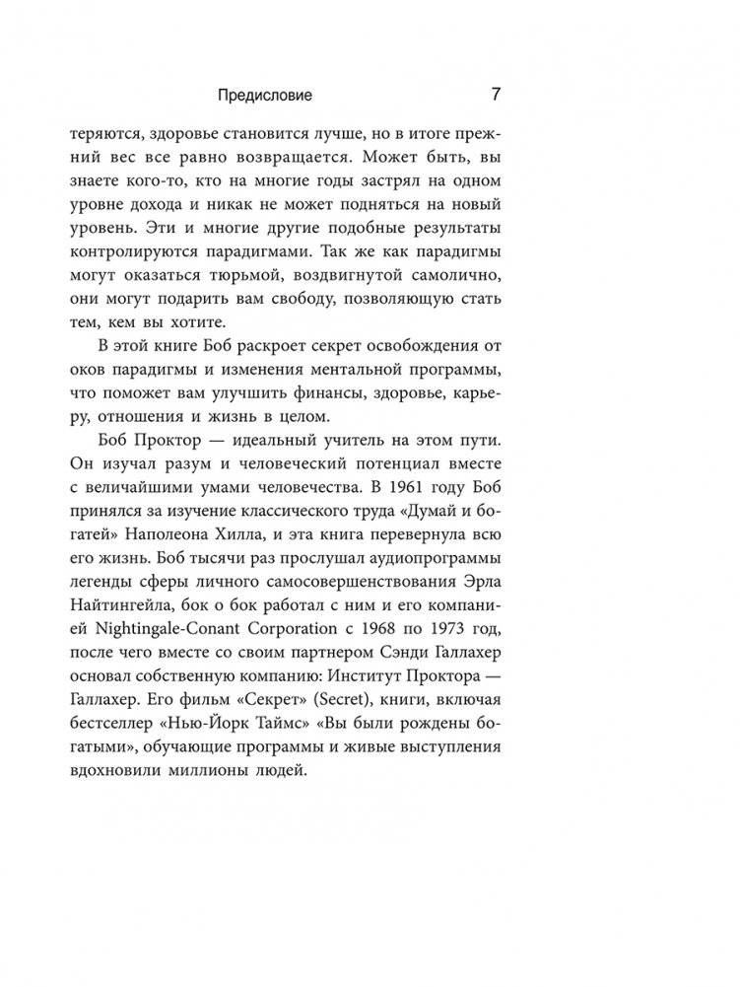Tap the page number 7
click(x=496, y=96)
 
